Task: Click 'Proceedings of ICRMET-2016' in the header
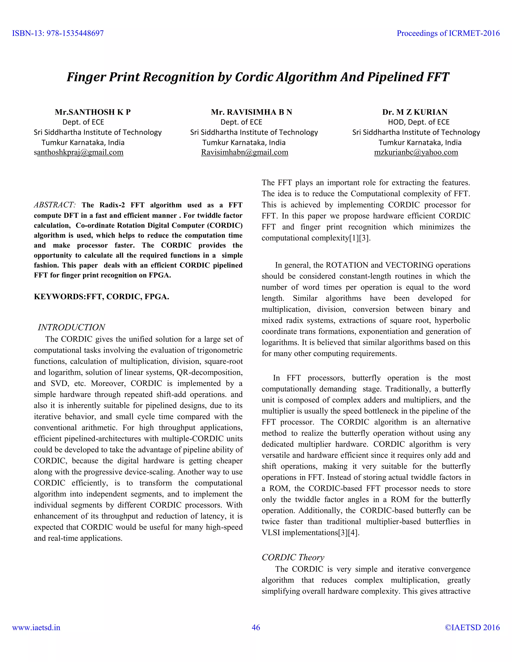(448, 33)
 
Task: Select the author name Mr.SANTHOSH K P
(92, 112)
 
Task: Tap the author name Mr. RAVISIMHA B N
(251, 112)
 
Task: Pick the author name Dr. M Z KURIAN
(415, 112)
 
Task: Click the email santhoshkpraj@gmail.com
(79, 152)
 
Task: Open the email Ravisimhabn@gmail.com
(244, 152)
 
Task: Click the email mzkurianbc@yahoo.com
(416, 152)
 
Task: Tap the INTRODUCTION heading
(71, 327)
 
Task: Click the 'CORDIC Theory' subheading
(293, 557)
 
